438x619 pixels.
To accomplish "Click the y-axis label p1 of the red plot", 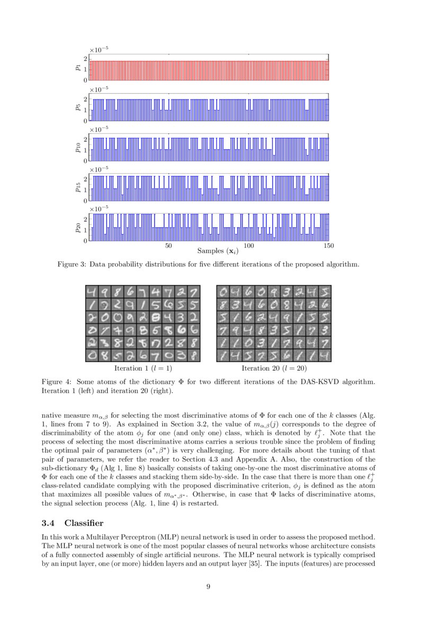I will coord(78,67).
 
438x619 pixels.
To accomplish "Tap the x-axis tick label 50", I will coord(168,246).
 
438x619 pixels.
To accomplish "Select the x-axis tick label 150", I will coord(328,246).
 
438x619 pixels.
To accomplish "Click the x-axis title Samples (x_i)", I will coord(218,251).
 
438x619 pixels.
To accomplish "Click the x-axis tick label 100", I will coord(249,246).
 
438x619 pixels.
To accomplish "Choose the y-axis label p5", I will coord(78,107).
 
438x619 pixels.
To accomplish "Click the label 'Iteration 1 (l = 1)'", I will coord(143,368).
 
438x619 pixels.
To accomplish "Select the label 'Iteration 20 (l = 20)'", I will coord(274,368).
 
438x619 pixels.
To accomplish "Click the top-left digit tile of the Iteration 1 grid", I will coord(92,292).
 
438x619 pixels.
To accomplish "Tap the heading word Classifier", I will coord(87,524).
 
